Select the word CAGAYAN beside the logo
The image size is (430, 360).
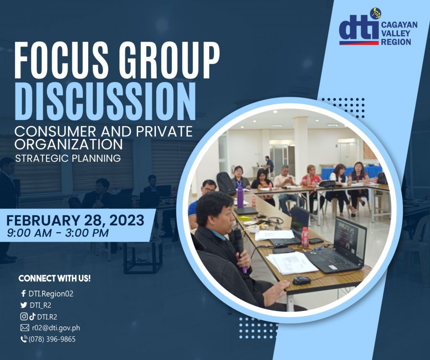[399, 25]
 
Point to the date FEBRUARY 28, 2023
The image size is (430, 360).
[75, 220]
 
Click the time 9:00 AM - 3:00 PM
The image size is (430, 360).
[58, 233]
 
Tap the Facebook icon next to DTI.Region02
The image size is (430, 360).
[24, 293]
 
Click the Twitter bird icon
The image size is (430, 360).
[24, 305]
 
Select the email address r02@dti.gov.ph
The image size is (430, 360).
[56, 328]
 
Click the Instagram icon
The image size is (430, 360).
[24, 316]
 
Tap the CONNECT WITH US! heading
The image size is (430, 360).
[55, 279]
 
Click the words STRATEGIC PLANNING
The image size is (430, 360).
[68, 158]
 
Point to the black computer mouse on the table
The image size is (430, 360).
[302, 280]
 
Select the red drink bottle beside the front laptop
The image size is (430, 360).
[305, 237]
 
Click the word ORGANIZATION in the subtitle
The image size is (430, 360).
[68, 144]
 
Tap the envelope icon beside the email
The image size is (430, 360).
[25, 328]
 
